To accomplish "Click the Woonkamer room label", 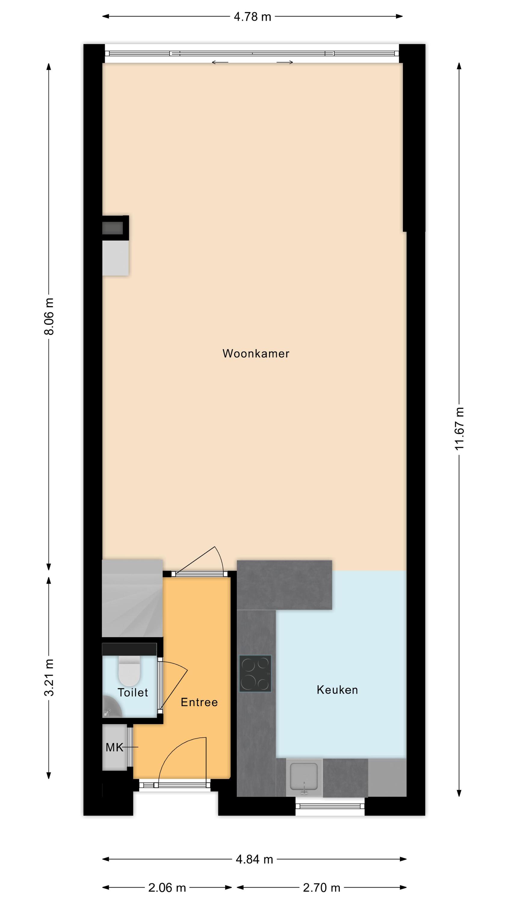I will coord(256,353).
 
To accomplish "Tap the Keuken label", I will coord(337,689).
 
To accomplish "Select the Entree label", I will coord(199,702).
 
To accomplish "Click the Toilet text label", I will coord(133,692).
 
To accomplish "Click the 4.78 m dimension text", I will coord(252,17).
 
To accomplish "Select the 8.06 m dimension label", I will coord(49,316).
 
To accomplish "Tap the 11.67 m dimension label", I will coord(459,428).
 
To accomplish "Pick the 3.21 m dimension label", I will coord(49,677).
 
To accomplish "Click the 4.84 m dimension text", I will coord(254,859).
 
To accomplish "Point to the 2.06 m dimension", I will coord(167,887).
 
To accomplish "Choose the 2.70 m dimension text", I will coord(321,887).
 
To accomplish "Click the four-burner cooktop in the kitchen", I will coord(255,673).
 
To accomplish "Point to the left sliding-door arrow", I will coord(220,62).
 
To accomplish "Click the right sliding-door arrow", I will coord(285,62).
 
